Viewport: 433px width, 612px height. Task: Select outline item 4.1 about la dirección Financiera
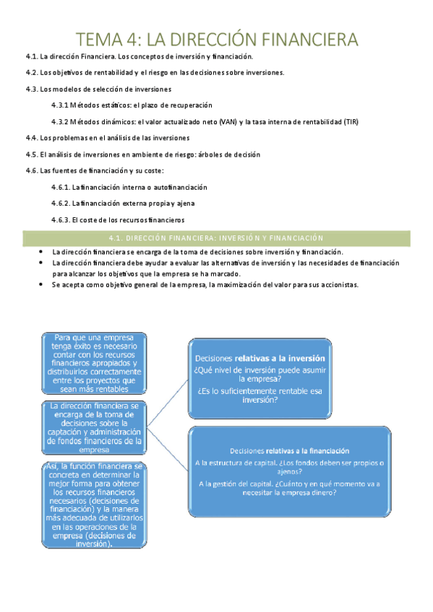click(x=149, y=56)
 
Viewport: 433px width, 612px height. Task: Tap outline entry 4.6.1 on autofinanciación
click(x=124, y=187)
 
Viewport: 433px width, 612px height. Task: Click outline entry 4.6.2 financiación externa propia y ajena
click(x=123, y=203)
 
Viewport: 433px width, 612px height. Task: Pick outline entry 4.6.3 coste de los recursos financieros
click(x=118, y=219)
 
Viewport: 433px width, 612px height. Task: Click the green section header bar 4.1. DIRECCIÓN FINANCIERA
click(x=217, y=237)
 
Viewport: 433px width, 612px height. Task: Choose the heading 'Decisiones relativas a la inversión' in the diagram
click(x=259, y=358)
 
